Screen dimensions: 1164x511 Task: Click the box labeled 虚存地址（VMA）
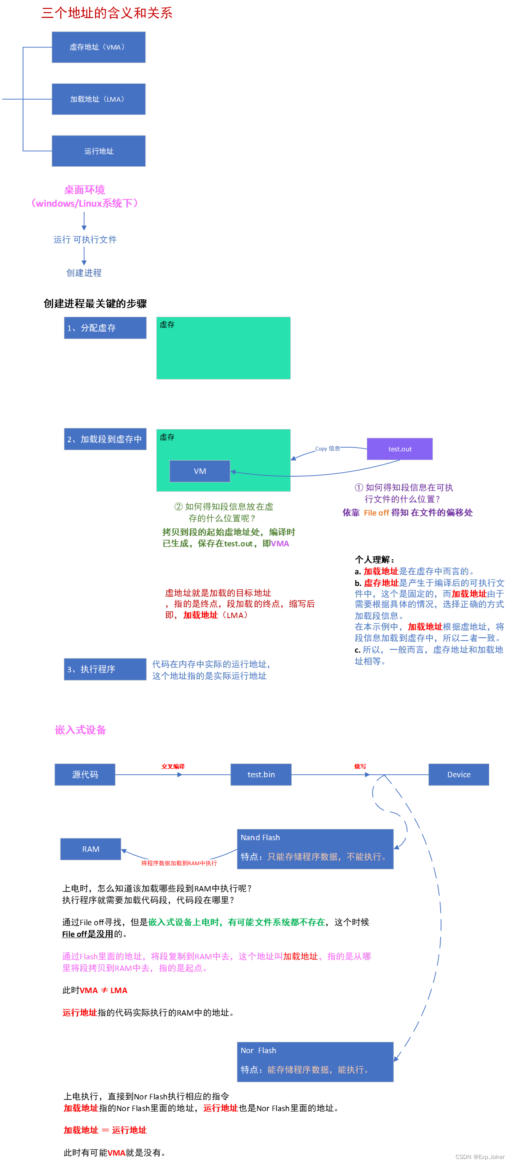98,47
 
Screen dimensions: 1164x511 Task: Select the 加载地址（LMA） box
98,99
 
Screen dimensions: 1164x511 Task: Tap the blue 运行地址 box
98,151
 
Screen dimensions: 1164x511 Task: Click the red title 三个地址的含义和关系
107,13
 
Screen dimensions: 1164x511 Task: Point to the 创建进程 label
84,273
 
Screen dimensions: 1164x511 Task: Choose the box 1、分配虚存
105,328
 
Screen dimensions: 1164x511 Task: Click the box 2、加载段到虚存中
105,439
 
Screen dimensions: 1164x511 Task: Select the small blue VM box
200,471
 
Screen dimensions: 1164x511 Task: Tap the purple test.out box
399,449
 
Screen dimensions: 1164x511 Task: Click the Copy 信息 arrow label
328,448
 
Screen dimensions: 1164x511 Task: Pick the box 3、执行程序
105,669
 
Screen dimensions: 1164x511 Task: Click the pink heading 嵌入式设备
80,730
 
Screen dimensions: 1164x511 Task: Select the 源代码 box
85,774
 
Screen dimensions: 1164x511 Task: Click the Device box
458,774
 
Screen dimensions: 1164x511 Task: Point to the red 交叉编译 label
173,766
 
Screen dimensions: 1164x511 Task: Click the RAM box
90,849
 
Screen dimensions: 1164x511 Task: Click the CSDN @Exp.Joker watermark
479,1156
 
